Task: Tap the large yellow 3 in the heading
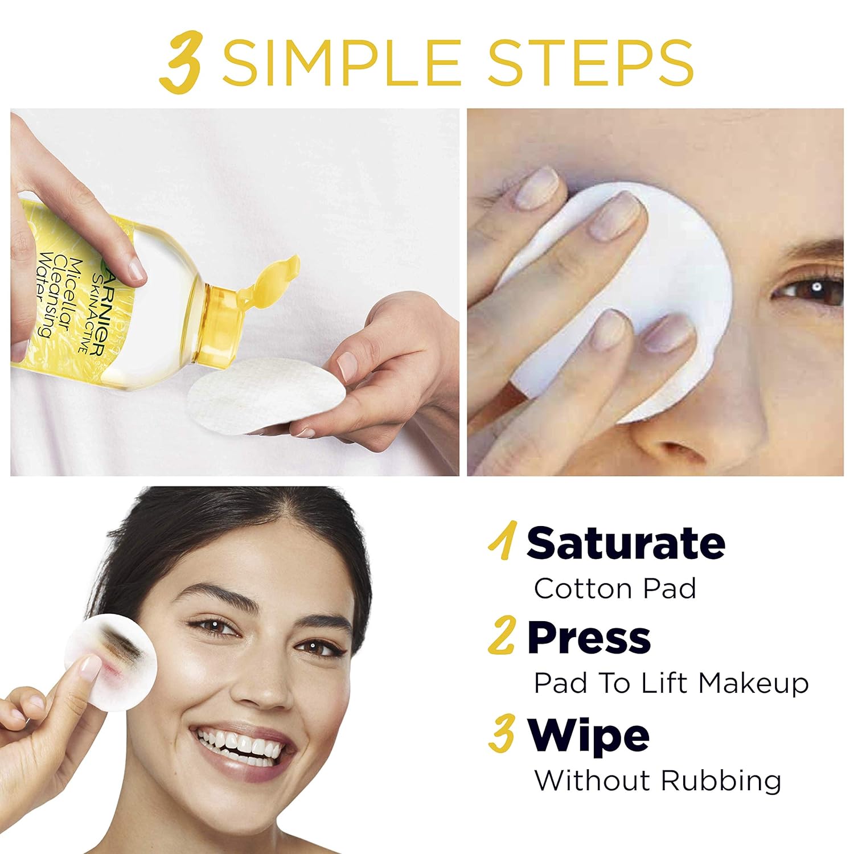pyautogui.click(x=181, y=64)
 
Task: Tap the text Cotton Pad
pyautogui.click(x=615, y=588)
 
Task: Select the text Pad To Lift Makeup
pyautogui.click(x=671, y=683)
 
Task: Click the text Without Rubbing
pyautogui.click(x=658, y=780)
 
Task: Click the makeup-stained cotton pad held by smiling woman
pyautogui.click(x=111, y=660)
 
